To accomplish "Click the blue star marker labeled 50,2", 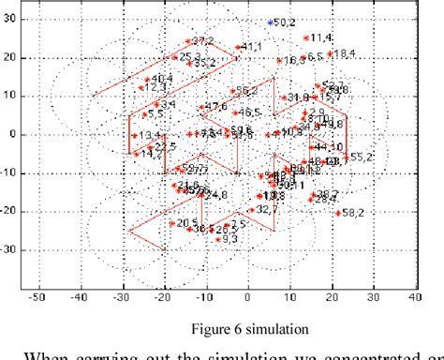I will tap(271, 21).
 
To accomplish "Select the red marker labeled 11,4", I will tap(306, 38).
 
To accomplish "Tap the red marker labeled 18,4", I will tap(330, 53).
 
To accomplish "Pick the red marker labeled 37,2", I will tap(187, 41).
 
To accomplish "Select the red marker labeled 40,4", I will tap(147, 79).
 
